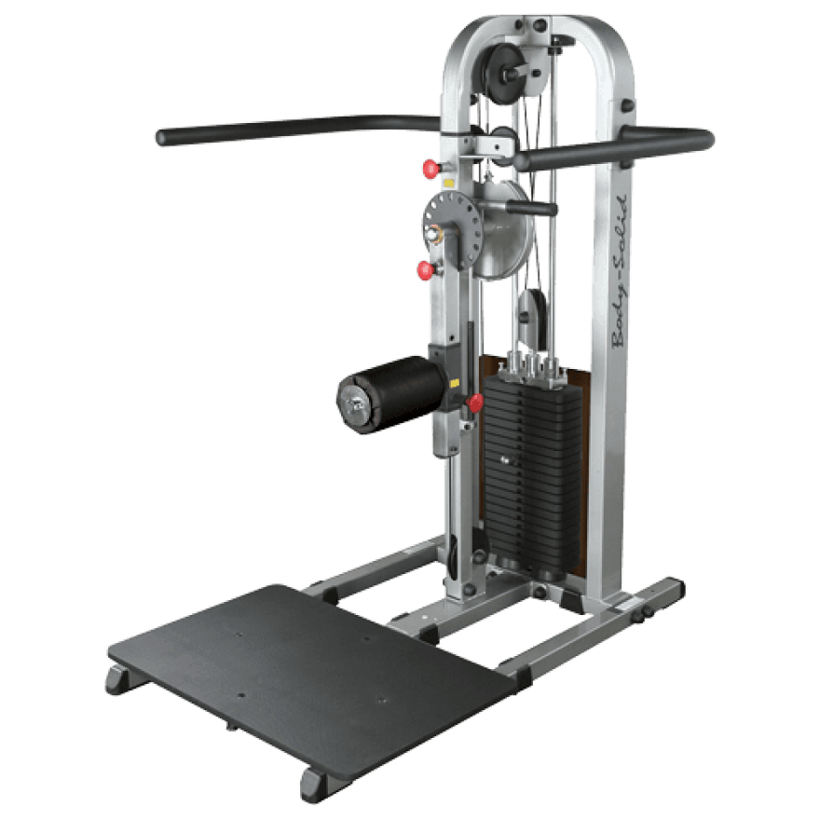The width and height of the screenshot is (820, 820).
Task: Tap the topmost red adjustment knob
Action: tap(430, 168)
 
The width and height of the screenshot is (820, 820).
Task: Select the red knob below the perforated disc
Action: tap(426, 270)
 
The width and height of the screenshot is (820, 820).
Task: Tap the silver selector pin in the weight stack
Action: tap(505, 459)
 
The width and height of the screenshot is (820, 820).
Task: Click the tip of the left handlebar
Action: tap(163, 138)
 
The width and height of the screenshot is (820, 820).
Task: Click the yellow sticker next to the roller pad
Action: tap(453, 383)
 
